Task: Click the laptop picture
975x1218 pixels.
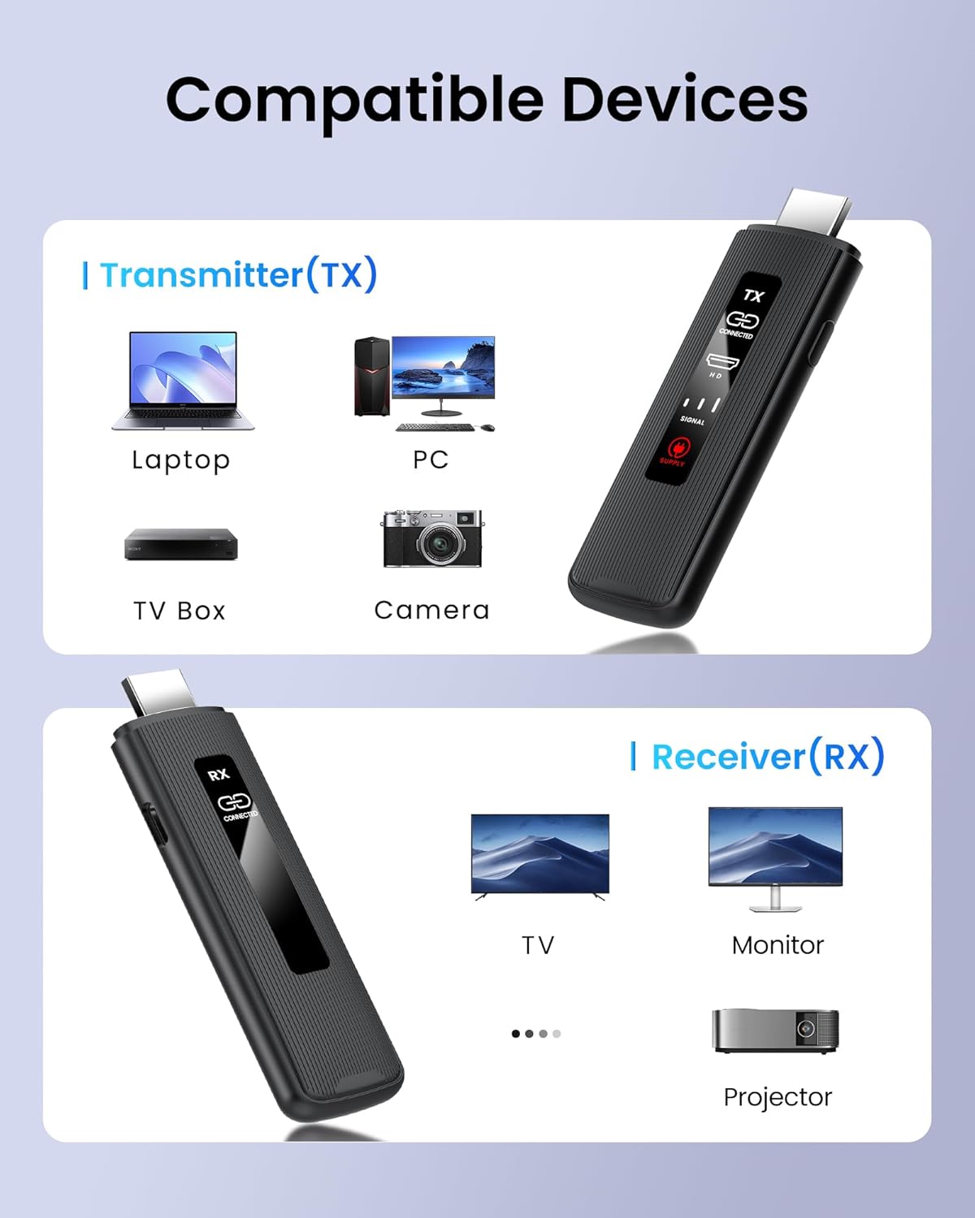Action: (183, 379)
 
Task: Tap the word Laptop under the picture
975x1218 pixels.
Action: (180, 460)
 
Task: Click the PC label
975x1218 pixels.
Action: (431, 460)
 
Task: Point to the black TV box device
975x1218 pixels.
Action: (180, 544)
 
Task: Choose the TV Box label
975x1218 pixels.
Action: (180, 611)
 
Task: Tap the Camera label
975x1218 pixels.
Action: (431, 610)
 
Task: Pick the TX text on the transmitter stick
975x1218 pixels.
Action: (753, 296)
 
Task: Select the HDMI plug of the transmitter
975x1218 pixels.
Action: (815, 210)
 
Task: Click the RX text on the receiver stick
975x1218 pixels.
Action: (219, 775)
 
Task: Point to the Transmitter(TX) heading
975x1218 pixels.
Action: (238, 274)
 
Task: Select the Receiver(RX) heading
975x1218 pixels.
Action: (767, 757)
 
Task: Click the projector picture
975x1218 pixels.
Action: (775, 1030)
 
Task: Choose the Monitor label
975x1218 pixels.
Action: (778, 945)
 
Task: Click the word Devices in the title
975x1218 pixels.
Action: (684, 100)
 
